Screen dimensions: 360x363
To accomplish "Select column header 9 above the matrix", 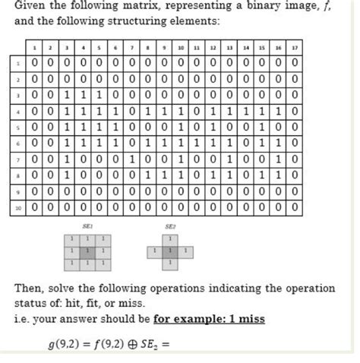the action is (164, 47).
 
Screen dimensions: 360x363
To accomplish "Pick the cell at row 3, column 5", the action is (99, 94).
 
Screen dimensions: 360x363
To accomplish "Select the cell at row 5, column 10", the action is (181, 126).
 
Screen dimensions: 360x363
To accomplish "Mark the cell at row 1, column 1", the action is (35, 62).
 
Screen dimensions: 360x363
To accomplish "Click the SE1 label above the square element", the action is (87, 226).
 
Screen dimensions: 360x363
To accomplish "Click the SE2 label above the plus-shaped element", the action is (170, 226).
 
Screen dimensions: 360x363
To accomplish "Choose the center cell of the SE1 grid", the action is (87, 250).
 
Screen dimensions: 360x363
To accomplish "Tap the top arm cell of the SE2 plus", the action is (170, 238).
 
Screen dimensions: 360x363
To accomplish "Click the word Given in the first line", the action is (32, 8).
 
